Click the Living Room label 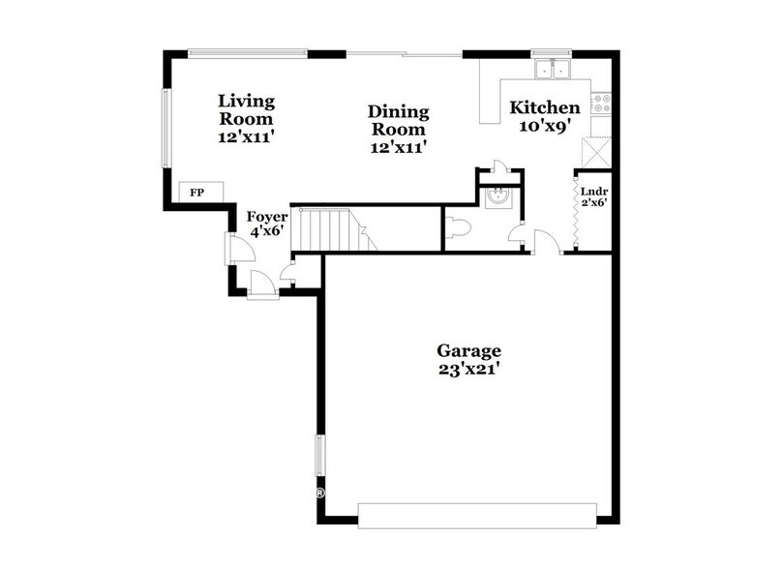tap(246, 109)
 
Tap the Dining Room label tap(398, 121)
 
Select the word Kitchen tap(545, 107)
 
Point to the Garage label tap(468, 350)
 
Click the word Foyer tap(267, 217)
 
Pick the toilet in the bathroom tap(459, 227)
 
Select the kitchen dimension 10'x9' tap(545, 126)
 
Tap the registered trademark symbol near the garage tap(319, 494)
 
